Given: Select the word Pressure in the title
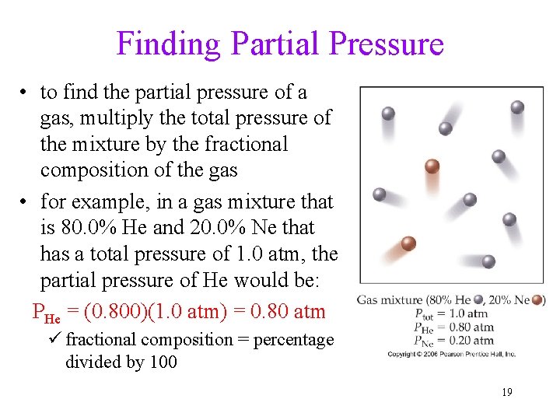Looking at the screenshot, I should pos(386,44).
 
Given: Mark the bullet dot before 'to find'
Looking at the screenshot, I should pos(26,93).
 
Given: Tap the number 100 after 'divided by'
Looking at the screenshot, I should pos(163,362).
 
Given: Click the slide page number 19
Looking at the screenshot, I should pos(506,392).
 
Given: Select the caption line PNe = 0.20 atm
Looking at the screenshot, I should pos(454,340).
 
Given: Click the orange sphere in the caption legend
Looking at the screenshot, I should pos(537,300).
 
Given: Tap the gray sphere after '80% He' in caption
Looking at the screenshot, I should pos(478,300).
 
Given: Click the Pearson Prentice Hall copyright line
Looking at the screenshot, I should pos(452,354).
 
